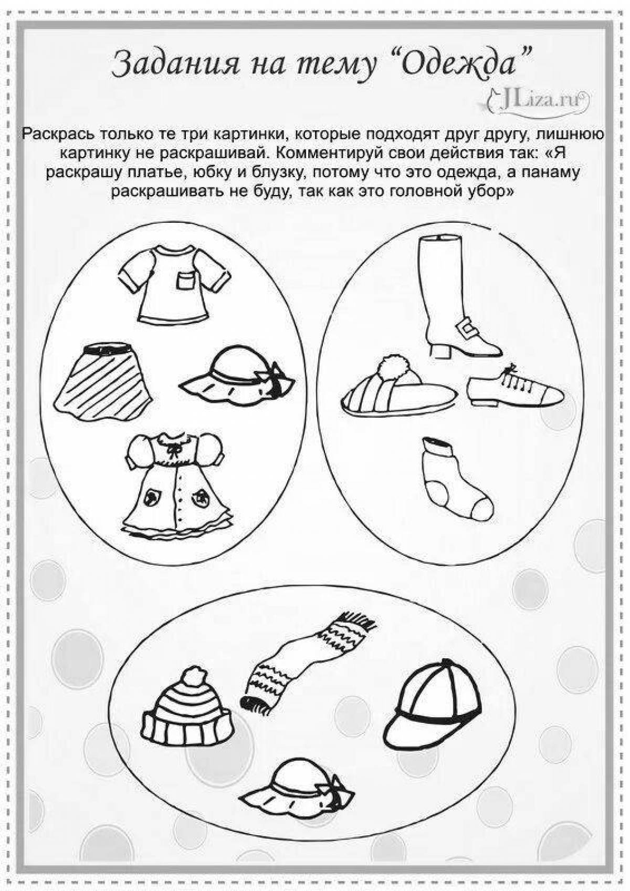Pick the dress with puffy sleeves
click(175, 485)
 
